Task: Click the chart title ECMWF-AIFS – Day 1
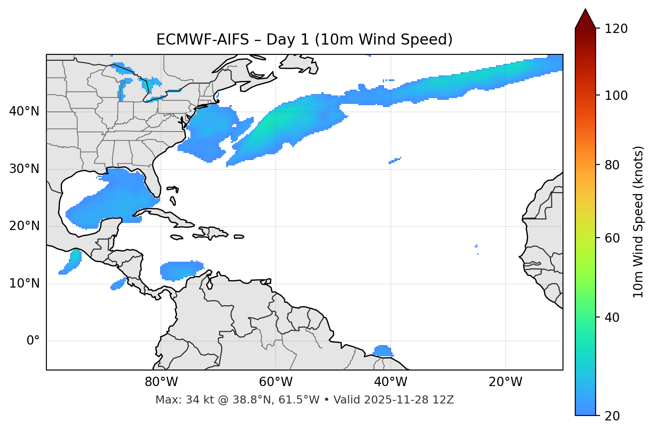(x=304, y=40)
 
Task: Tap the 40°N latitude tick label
(x=24, y=111)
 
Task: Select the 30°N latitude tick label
(x=24, y=169)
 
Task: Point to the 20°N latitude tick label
(x=24, y=226)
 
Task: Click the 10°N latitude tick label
(x=24, y=284)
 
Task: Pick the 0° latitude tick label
(x=33, y=341)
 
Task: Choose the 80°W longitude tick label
(x=161, y=382)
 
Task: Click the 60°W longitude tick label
(x=276, y=382)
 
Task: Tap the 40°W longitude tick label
(x=390, y=382)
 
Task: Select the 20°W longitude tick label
(x=505, y=382)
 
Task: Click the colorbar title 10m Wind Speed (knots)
(x=638, y=222)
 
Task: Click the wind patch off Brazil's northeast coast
(x=382, y=351)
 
